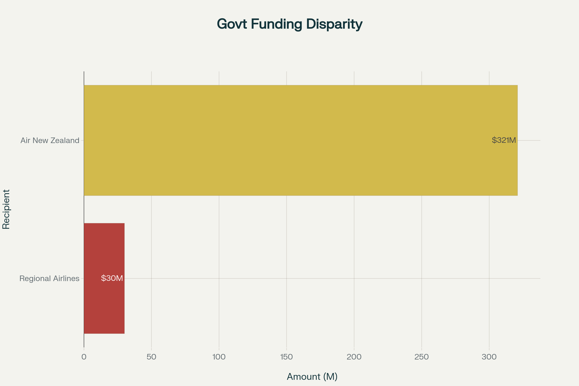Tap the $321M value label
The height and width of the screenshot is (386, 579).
pyautogui.click(x=504, y=140)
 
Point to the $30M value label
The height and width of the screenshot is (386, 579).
pyautogui.click(x=112, y=278)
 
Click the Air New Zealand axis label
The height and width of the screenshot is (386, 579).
pyautogui.click(x=50, y=141)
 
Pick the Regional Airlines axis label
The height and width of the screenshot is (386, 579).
pyautogui.click(x=49, y=279)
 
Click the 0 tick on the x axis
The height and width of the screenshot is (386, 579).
pyautogui.click(x=84, y=357)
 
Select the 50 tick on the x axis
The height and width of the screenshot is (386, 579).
pyautogui.click(x=151, y=357)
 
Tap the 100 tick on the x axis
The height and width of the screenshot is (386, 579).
pyautogui.click(x=219, y=357)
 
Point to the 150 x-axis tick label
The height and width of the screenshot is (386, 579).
pyautogui.click(x=287, y=357)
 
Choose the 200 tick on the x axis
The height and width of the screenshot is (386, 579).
pyautogui.click(x=354, y=357)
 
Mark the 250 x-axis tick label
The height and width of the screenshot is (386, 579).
pyautogui.click(x=422, y=357)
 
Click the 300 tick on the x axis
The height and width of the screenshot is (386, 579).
pyautogui.click(x=489, y=357)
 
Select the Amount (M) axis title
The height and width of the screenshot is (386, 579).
pyautogui.click(x=312, y=377)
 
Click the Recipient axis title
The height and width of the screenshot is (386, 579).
pyautogui.click(x=6, y=209)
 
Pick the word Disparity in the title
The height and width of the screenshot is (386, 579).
pyautogui.click(x=334, y=24)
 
